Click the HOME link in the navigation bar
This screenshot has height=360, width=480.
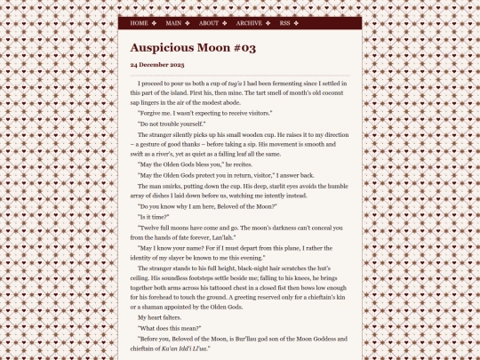[139, 23]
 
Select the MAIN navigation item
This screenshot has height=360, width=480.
[173, 23]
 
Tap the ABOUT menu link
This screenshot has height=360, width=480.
[208, 23]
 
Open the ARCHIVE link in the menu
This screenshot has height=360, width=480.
[249, 23]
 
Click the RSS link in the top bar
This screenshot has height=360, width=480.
[284, 23]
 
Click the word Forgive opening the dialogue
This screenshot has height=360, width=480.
[154, 113]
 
